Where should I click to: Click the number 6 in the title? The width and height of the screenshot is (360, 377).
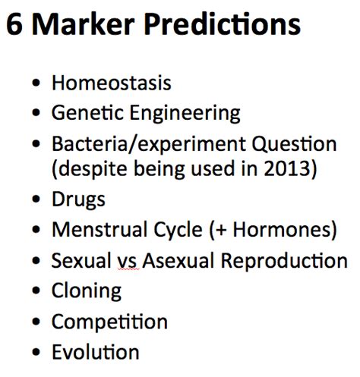tap(14, 24)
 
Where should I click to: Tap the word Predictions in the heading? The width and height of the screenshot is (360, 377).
tap(223, 24)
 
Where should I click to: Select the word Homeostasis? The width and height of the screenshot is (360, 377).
tap(112, 83)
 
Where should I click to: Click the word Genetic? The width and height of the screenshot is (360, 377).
tap(87, 112)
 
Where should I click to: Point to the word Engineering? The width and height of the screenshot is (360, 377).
tap(185, 114)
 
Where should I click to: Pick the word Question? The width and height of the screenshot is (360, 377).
tap(294, 144)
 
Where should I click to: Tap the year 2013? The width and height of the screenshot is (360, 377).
tap(286, 168)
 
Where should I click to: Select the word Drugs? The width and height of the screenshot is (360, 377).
tap(78, 199)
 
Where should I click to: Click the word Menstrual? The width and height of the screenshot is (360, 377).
tap(99, 229)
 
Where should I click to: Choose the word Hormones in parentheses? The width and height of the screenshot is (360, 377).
tap(282, 229)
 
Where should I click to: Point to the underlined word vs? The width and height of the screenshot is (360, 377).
tap(128, 262)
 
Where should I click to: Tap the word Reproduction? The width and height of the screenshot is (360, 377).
tap(284, 260)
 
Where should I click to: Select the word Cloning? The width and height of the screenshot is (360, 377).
tap(87, 291)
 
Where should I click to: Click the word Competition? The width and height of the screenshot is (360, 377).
tap(109, 322)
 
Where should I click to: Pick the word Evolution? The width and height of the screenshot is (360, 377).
tap(96, 351)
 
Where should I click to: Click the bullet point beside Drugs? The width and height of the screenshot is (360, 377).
tap(36, 199)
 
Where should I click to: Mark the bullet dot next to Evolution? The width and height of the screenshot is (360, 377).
tap(36, 352)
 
